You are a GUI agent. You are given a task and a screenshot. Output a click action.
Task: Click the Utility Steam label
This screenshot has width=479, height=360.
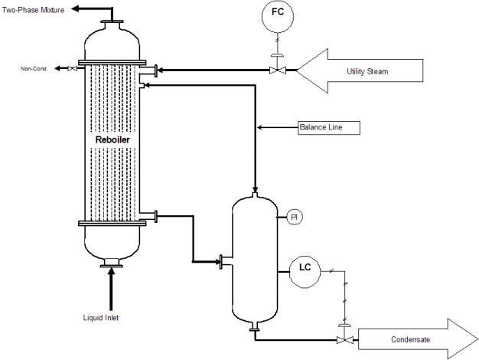(367, 71)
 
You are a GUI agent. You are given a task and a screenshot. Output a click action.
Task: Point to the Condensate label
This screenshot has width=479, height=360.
(410, 339)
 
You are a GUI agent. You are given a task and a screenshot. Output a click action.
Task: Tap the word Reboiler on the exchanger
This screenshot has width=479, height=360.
(112, 139)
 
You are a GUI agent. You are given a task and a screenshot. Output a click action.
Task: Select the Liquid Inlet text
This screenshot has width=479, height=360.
(101, 318)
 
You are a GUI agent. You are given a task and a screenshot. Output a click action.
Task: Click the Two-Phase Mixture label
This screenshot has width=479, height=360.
(33, 10)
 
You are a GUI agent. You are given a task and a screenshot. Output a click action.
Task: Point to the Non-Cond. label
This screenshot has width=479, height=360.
(34, 69)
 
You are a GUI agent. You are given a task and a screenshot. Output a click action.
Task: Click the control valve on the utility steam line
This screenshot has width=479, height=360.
(278, 70)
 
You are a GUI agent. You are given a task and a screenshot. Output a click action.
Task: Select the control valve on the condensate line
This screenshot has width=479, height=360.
(345, 339)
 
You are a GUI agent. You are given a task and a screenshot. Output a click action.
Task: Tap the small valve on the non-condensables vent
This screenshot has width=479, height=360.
(72, 68)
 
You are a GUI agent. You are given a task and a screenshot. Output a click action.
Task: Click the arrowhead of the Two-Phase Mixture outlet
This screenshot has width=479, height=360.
(76, 9)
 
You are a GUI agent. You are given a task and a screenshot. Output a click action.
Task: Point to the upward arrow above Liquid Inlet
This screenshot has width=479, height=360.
(111, 289)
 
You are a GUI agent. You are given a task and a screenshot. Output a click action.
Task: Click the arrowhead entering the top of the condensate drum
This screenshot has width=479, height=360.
(255, 190)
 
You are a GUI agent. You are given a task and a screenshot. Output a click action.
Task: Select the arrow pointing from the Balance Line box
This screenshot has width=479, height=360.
(278, 127)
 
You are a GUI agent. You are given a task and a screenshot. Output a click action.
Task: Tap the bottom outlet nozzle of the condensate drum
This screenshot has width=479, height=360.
(255, 326)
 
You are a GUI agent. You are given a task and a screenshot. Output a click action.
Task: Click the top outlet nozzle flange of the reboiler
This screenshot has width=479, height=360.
(112, 22)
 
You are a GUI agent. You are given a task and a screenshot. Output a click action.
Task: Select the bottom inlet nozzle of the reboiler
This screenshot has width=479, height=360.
(112, 263)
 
